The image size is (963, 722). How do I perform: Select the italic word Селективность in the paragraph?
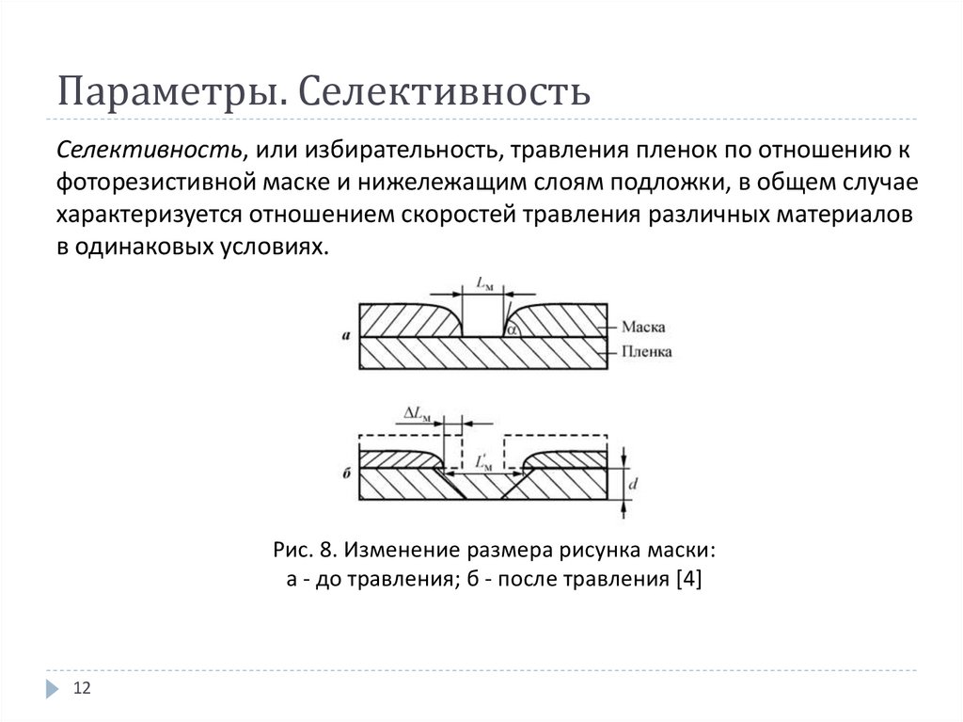145,150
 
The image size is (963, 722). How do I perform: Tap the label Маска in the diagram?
643,328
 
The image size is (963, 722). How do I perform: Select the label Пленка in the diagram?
646,352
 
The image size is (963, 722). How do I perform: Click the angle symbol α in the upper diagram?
512,329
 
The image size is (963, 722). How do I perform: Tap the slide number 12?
81,689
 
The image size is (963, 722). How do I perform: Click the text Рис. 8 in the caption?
299,548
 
